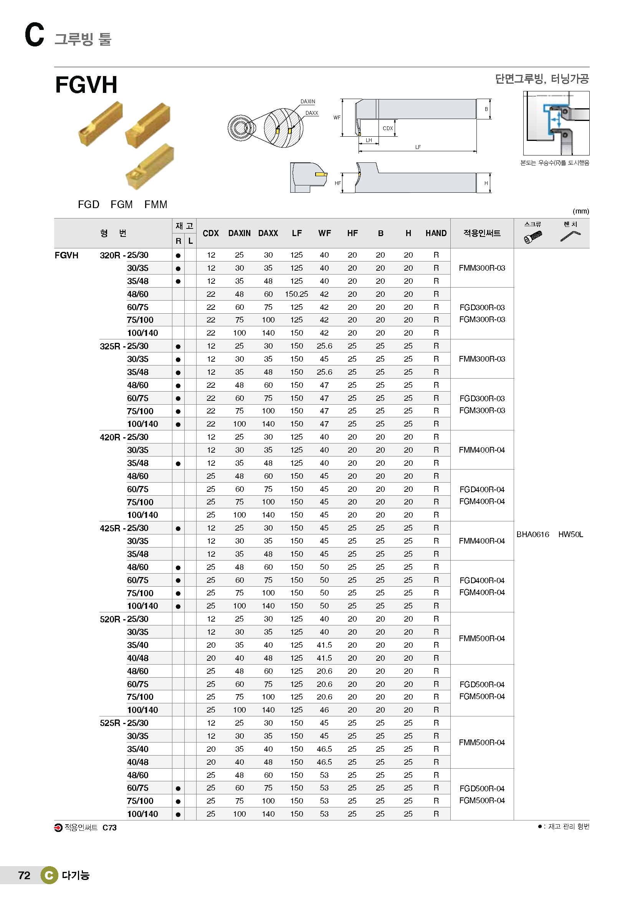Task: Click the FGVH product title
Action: tap(86, 84)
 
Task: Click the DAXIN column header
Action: tap(239, 233)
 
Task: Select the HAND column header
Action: tap(436, 233)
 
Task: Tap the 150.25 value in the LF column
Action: tap(296, 294)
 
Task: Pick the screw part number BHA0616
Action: tap(532, 534)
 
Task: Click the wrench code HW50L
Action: tap(571, 534)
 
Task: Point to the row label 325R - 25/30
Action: tap(124, 346)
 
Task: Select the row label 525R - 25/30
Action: tap(124, 723)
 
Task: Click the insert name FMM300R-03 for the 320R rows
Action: tap(482, 268)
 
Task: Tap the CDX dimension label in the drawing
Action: tap(387, 128)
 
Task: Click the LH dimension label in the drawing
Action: tap(369, 140)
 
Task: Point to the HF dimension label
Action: tap(338, 183)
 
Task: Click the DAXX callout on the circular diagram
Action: tap(312, 113)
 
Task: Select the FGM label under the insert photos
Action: tap(122, 205)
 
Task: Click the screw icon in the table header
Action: tap(533, 236)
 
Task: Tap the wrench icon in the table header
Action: tap(571, 236)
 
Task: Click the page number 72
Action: tap(24, 875)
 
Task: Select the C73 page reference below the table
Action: tap(109, 828)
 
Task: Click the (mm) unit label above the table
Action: tap(580, 211)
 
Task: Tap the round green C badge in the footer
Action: tap(49, 875)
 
